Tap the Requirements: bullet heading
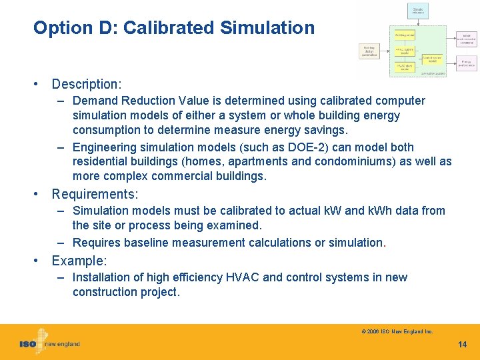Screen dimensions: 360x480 tap(95, 194)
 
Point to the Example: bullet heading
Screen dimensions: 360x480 tap(79, 261)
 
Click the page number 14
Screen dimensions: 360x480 tap(463, 345)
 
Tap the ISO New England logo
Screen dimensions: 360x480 tap(49, 342)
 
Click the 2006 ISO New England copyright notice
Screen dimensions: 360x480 tap(397, 331)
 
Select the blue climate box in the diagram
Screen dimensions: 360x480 tap(417, 11)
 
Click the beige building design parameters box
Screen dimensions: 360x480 tap(369, 51)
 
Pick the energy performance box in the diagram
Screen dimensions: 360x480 tap(466, 63)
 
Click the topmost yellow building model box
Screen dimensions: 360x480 tap(404, 34)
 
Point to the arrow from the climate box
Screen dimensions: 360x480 tap(417, 22)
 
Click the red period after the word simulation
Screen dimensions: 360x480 tap(385, 243)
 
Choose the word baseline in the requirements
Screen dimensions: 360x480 tap(138, 243)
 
